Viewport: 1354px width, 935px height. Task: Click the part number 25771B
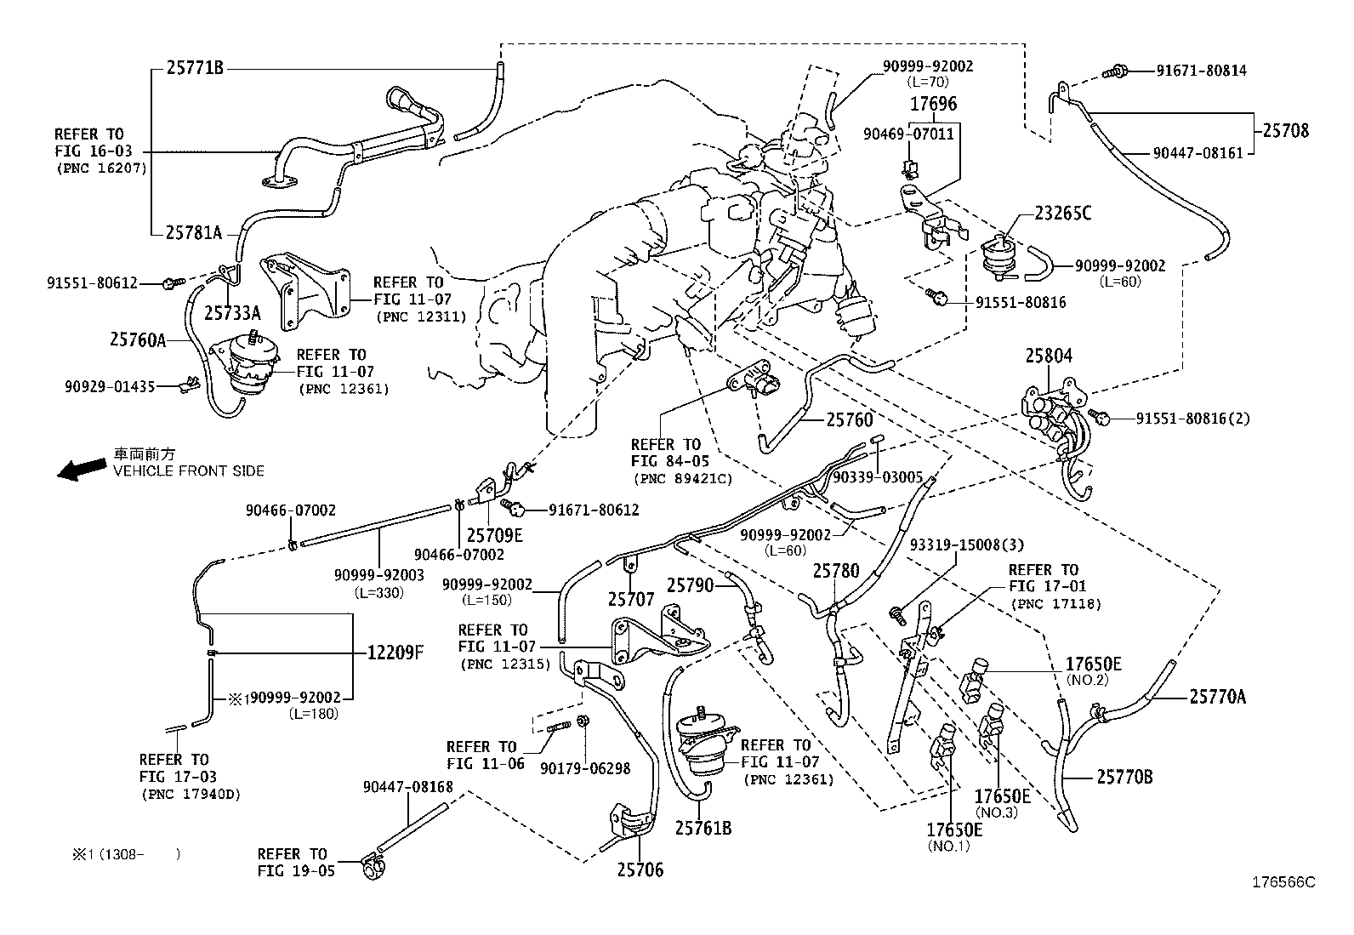tap(195, 68)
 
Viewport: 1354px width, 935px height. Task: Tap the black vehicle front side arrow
tap(81, 469)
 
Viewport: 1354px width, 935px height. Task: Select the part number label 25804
tap(1048, 356)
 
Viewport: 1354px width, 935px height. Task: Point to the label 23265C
tap(1062, 214)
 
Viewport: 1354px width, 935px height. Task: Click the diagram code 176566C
tap(1283, 882)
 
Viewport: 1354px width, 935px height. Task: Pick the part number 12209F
tap(395, 653)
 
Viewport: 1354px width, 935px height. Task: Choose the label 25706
tap(640, 869)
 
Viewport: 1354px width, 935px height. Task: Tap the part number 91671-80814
tap(1201, 71)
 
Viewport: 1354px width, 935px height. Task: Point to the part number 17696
tap(933, 105)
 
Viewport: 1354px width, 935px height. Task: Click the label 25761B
tap(703, 827)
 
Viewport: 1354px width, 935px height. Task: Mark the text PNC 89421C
tap(682, 479)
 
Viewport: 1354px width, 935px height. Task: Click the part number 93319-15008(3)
tap(967, 544)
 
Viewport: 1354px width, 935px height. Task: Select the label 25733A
tap(232, 312)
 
